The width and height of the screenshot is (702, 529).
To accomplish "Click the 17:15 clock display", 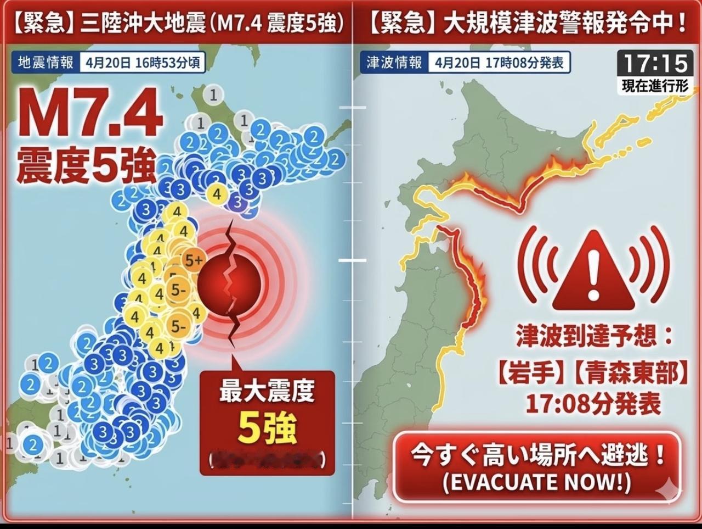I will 655,63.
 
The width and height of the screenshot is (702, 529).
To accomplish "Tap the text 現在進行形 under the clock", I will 655,86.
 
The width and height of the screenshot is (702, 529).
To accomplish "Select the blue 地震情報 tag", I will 46,62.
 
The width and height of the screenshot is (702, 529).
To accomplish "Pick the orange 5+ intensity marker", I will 193,261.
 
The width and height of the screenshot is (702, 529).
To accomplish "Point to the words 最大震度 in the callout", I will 267,393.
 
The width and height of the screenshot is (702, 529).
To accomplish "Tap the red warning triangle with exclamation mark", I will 594,270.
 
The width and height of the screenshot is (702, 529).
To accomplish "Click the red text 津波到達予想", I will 594,336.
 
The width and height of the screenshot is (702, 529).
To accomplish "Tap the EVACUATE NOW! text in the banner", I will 536,483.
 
